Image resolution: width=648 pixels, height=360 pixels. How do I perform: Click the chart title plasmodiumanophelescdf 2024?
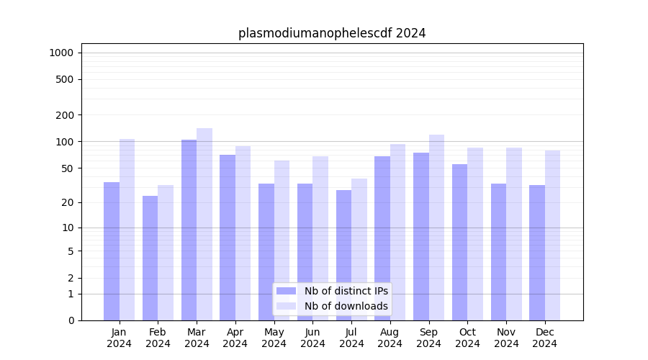tap(332, 33)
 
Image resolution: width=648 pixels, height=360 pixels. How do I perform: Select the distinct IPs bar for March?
tap(189, 230)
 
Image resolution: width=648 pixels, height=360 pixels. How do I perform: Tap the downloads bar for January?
tap(127, 230)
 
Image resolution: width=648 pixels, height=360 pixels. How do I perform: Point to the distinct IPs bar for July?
tap(343, 255)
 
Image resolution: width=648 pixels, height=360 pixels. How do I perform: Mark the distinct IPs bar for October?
tap(460, 242)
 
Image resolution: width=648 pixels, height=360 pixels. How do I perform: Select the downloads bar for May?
tap(282, 240)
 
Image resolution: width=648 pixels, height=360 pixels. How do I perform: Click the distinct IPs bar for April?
tap(228, 238)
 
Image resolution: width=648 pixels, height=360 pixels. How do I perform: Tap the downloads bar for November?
tap(514, 234)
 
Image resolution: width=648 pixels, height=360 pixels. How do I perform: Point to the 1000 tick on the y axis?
tap(61, 53)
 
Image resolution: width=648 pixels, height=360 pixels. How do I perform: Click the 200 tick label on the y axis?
tap(64, 115)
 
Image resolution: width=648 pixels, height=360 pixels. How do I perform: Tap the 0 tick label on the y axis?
tap(71, 320)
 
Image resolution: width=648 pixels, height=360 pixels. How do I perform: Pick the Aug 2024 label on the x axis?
tap(390, 338)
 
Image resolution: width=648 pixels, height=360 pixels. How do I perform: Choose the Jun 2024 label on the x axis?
tap(312, 338)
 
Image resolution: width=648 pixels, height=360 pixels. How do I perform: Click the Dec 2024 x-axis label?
tap(545, 338)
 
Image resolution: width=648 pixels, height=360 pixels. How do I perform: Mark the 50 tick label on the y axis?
tap(67, 168)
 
